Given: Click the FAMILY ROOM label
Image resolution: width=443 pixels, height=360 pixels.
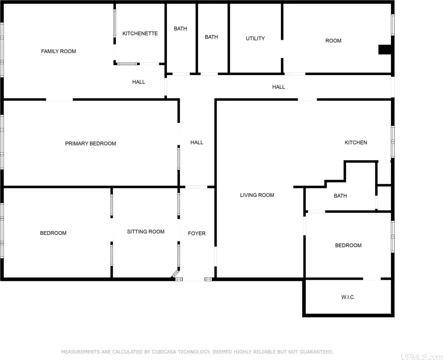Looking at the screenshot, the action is click(59, 51).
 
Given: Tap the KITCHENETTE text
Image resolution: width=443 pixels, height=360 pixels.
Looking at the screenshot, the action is click(140, 33).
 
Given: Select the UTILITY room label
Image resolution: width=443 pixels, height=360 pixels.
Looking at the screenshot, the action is click(255, 38).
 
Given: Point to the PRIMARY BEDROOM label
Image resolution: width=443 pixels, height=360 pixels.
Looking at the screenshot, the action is click(90, 143).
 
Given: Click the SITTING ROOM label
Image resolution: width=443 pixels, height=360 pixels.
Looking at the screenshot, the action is click(146, 232).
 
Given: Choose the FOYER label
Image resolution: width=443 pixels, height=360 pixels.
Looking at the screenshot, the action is click(196, 233).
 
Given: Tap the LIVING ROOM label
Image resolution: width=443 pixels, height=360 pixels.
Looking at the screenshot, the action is click(257, 195).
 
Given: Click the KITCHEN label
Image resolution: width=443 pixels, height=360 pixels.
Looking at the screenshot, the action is click(356, 142).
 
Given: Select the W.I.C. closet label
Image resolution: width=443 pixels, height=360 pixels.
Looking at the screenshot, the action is click(348, 297).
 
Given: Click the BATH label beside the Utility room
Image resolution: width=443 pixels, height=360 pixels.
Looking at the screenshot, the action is click(211, 37).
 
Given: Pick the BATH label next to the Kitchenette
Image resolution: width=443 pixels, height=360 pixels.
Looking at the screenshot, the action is click(180, 29).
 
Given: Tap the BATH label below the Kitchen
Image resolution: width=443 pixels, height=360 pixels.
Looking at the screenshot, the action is click(340, 195).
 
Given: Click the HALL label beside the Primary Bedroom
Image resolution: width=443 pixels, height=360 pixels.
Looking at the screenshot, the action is click(196, 142).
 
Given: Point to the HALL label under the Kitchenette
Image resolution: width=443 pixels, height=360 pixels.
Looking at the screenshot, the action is click(139, 82).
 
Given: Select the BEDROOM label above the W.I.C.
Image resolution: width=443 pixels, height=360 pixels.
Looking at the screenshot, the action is click(348, 245).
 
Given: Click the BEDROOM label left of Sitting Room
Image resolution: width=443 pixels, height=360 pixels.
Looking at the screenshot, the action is click(53, 233).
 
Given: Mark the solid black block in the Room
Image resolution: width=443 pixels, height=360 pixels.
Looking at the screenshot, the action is click(385, 50).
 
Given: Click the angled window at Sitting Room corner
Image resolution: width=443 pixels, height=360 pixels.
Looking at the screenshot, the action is click(175, 274).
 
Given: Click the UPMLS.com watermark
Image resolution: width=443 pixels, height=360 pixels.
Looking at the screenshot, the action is click(421, 357).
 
